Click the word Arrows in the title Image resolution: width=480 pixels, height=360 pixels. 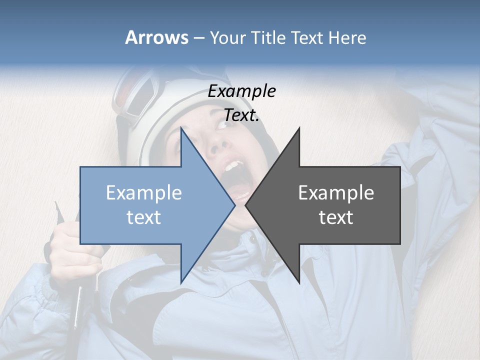point(156,37)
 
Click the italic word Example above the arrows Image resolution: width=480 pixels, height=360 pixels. point(241,91)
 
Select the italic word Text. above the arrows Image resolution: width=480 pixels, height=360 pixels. point(241,115)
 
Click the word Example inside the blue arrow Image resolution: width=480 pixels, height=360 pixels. point(143,192)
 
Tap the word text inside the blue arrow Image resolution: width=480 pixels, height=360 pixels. point(143,217)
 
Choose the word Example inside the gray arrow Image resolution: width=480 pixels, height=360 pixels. point(336,192)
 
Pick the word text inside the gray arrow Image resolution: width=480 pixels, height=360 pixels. point(336,217)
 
